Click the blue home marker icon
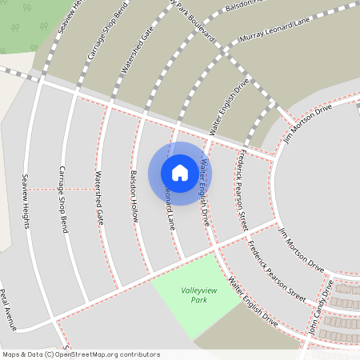coord(180,173)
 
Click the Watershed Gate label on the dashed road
coord(137,49)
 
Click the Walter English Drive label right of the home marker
coord(206,191)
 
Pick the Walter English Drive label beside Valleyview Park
coord(252,302)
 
